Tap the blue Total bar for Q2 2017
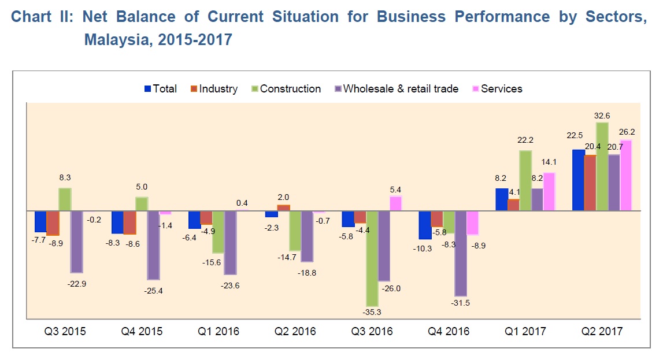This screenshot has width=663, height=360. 577,180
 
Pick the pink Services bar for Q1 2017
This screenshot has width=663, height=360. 549,192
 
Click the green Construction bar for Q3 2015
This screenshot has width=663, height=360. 65,199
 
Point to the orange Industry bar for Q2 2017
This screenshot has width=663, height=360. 590,183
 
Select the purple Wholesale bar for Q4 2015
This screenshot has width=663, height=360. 153,245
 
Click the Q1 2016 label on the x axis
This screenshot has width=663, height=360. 218,332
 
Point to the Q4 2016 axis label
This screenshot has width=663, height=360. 449,332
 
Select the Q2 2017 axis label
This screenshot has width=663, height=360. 602,332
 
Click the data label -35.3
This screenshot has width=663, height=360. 372,313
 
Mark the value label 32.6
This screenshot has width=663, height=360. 602,116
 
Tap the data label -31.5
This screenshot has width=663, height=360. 461,302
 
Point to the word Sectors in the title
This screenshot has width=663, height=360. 616,16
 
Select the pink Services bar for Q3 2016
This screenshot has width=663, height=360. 395,204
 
